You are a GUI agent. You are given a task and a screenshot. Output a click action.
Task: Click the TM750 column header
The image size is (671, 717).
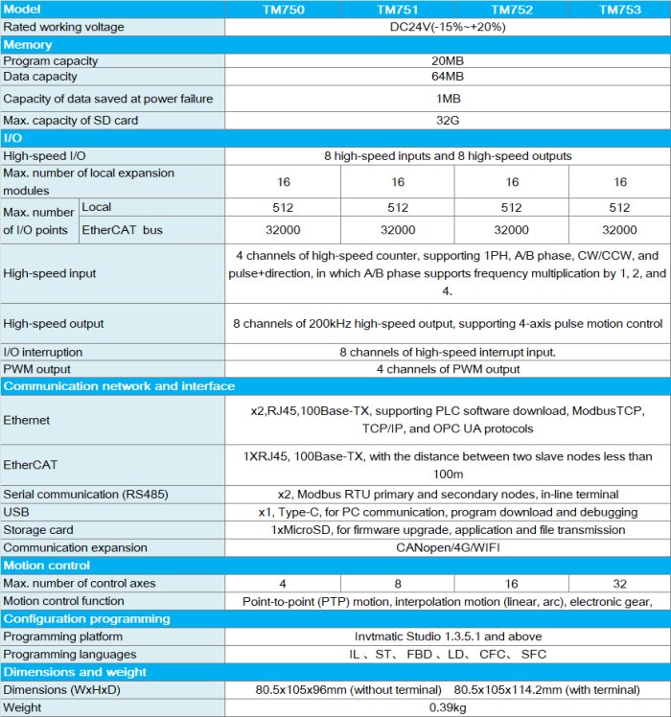point(286,10)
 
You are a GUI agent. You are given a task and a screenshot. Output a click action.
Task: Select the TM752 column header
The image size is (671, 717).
point(512,10)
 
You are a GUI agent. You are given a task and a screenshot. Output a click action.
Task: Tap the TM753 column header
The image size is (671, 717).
point(620,10)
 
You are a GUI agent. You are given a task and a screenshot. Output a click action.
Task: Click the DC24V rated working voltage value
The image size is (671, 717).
point(448,27)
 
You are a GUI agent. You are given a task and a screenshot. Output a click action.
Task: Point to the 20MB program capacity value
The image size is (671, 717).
point(448,61)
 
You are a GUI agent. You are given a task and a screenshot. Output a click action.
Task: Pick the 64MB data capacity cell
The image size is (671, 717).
point(448,77)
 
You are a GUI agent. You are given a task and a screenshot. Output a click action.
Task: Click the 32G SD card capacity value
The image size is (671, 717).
point(448,121)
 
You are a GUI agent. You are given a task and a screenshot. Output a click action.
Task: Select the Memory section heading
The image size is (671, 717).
point(28,44)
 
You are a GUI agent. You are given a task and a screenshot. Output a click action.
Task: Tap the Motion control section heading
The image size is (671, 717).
point(41,566)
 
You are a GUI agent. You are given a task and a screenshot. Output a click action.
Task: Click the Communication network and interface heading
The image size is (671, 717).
point(119,386)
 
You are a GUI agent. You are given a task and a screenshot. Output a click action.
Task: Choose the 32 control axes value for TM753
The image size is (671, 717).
point(620,583)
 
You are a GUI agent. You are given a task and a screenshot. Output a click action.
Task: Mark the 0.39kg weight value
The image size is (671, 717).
point(448,706)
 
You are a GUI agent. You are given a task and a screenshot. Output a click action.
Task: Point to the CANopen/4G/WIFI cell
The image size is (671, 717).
point(448,548)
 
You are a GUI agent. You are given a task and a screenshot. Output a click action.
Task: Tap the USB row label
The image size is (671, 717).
point(16,512)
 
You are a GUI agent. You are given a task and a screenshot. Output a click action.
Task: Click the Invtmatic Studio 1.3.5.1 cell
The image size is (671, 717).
point(448,636)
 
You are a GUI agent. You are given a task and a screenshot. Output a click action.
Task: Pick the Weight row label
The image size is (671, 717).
point(24,706)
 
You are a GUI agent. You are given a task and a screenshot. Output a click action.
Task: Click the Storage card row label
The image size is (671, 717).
point(39,530)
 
